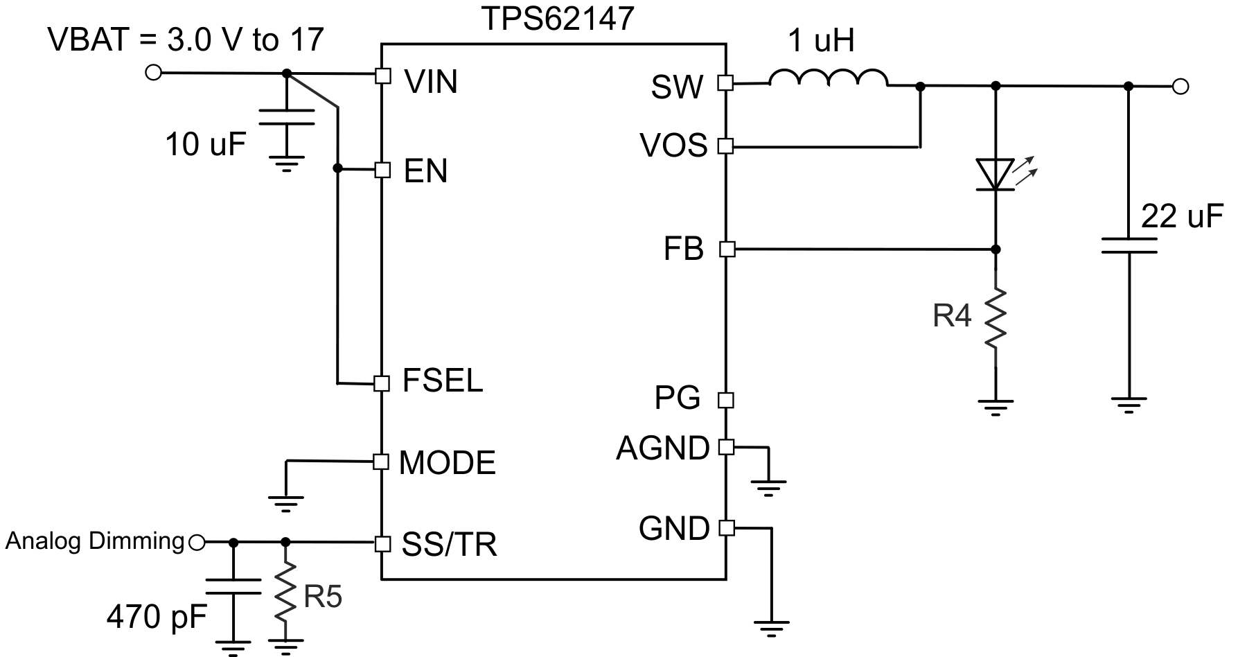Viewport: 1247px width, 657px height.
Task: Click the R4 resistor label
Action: [x=952, y=316]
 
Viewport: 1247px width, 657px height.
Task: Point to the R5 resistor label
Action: [x=323, y=596]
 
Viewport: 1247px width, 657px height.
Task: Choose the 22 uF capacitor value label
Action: [x=1182, y=216]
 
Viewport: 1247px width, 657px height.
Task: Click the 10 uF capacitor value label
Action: [x=206, y=145]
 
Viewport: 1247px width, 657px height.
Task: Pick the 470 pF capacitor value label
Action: [x=157, y=616]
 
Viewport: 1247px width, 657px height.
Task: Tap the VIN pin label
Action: [x=431, y=82]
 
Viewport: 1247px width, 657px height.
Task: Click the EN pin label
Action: [x=425, y=171]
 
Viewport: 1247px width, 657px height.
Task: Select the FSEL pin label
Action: [x=442, y=381]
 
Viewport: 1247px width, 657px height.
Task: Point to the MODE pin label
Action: [x=448, y=463]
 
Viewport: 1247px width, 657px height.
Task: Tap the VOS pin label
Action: [x=673, y=146]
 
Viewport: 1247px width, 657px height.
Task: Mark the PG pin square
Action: [x=726, y=400]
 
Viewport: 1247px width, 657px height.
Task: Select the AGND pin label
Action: [x=662, y=448]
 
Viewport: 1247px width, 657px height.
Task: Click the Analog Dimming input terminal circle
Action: [x=197, y=543]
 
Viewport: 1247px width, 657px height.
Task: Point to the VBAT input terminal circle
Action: [x=153, y=73]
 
